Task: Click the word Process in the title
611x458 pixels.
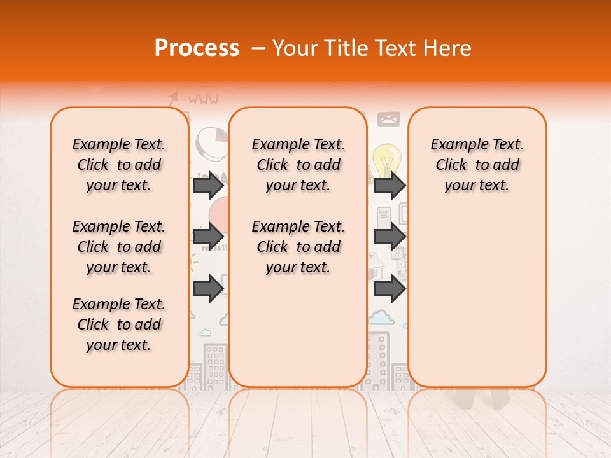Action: [197, 48]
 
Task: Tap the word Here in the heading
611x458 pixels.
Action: [449, 48]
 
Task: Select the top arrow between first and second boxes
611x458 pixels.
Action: [208, 185]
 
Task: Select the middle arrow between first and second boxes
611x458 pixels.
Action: [208, 237]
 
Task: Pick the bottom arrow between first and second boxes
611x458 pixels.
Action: [208, 289]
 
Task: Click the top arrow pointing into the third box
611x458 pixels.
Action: [390, 185]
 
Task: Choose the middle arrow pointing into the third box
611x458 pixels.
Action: [390, 237]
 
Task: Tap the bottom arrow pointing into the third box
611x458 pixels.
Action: [390, 289]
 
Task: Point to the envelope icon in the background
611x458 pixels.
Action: [388, 119]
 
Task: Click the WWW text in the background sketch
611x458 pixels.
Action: [203, 100]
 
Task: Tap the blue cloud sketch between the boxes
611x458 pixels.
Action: [379, 316]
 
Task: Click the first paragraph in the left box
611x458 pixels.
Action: [119, 165]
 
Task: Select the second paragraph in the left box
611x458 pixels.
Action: [119, 247]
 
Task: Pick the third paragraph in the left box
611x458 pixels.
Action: [119, 324]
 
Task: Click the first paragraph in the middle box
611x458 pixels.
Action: [298, 165]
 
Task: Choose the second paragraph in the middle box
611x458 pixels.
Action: [298, 247]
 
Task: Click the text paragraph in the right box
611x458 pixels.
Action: [477, 165]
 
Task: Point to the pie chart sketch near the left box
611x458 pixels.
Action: [210, 144]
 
